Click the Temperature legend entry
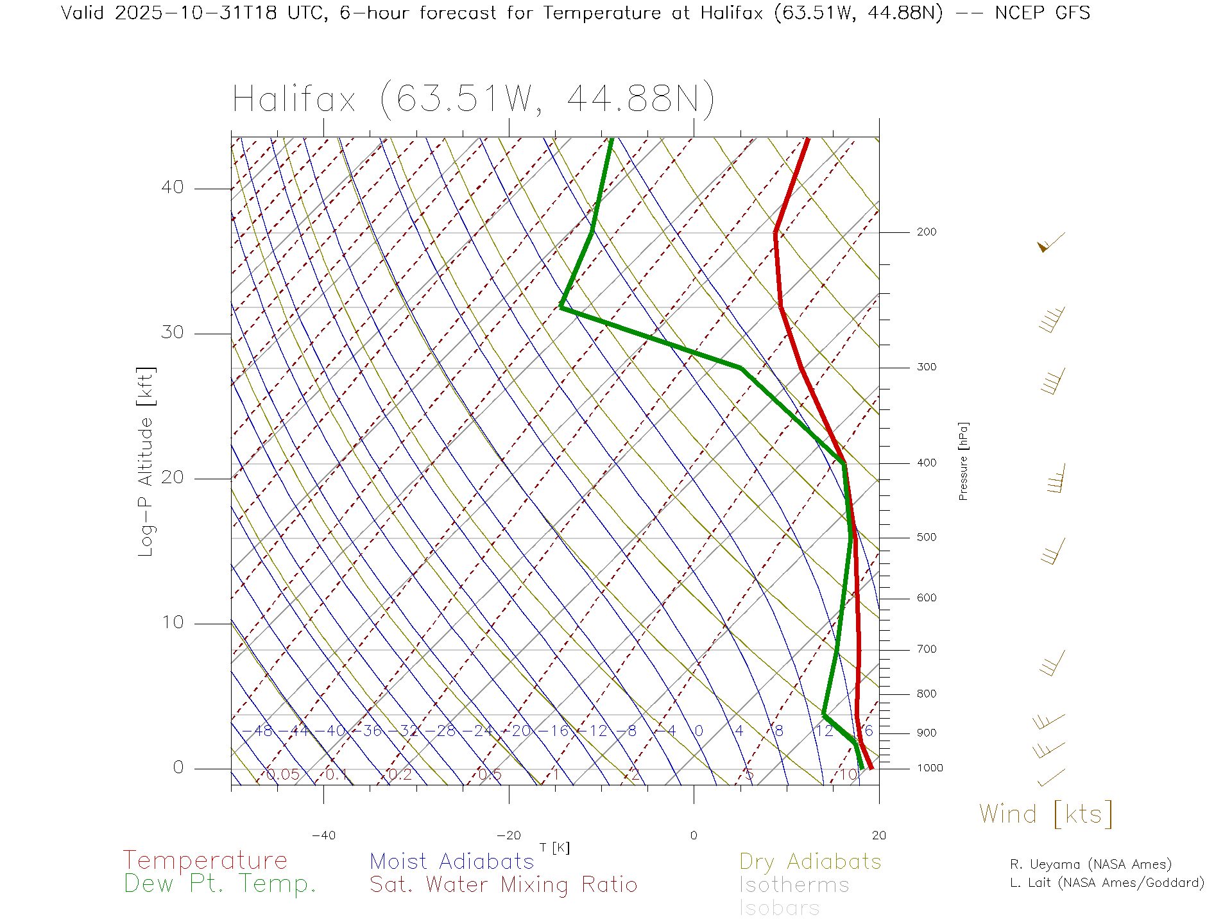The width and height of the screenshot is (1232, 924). coord(205,860)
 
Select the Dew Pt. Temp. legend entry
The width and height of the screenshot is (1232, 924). coord(220,884)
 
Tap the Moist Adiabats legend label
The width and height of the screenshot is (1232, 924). coord(452,861)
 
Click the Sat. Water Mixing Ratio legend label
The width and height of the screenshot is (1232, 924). coord(503,885)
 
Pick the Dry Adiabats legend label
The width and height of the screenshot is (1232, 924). coord(810,861)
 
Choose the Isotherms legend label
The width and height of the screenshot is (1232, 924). coord(794,885)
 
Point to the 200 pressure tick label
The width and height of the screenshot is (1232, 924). coord(926,232)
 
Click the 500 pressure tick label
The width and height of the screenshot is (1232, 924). coord(926,538)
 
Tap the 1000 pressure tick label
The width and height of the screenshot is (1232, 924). coord(930,768)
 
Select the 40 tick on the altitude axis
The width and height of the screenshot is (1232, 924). coord(172,187)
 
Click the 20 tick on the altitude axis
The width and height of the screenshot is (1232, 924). coord(172,477)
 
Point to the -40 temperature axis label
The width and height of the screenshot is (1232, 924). coord(323,835)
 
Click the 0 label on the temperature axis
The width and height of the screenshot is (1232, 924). coord(694,835)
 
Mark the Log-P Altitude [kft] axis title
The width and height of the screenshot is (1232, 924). coord(146,462)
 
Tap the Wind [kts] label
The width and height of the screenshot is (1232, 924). coord(1045,814)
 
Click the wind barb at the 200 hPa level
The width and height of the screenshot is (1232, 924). coord(1050,242)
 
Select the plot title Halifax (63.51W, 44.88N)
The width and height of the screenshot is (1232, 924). coord(474,99)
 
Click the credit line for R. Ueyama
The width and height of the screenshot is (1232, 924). coord(1090,864)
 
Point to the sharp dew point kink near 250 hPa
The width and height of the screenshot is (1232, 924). coord(561,307)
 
